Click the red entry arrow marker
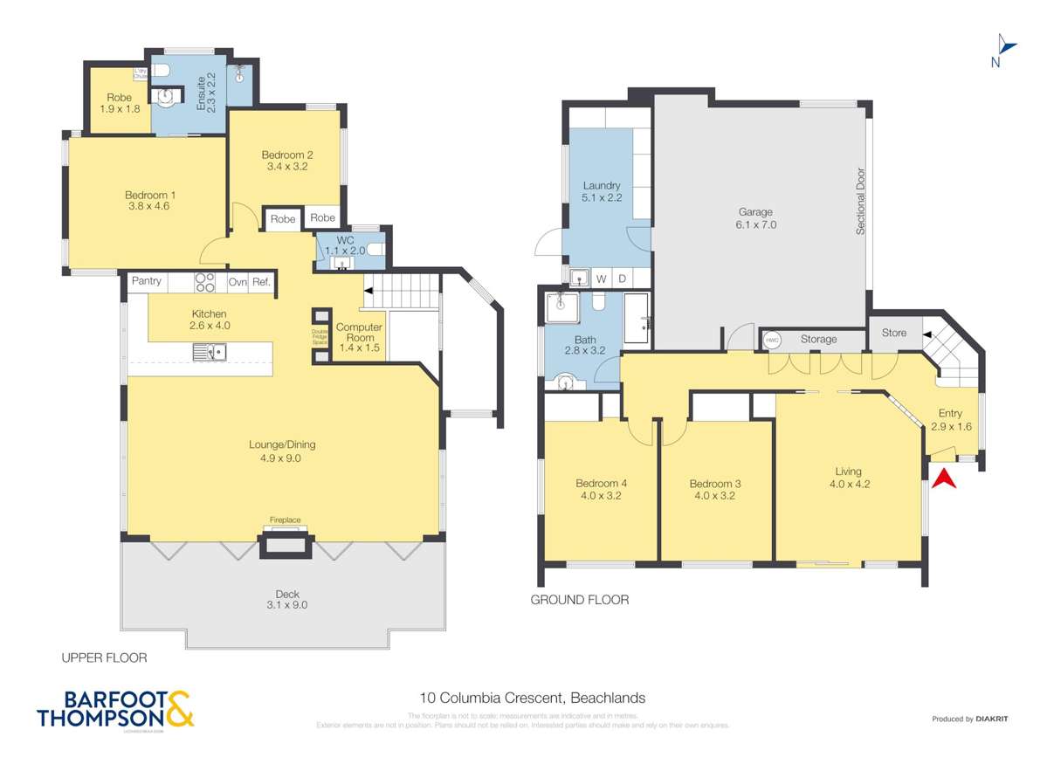point(945,479)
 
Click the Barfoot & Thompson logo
point(115,709)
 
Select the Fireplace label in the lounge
point(285,520)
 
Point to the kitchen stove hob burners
point(205,282)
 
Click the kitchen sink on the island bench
point(210,352)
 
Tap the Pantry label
point(147,281)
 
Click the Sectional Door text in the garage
point(859,201)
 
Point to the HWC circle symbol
point(772,340)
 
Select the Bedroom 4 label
point(601,484)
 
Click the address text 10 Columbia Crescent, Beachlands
point(533,698)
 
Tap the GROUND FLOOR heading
point(580,600)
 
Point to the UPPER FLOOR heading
point(104,657)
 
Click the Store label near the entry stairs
point(894,333)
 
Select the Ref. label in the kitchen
point(260,281)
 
